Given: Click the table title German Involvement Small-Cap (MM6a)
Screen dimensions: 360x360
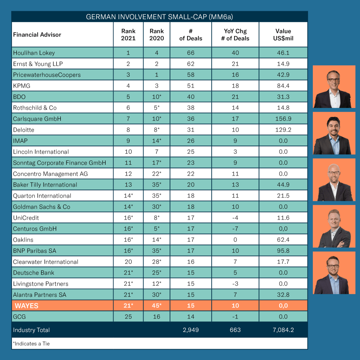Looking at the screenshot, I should point(160,17).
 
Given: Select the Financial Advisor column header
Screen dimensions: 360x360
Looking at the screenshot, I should point(37,35).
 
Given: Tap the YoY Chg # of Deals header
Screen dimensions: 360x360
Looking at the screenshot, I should point(235,35).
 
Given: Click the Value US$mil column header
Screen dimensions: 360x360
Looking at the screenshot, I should point(283,35).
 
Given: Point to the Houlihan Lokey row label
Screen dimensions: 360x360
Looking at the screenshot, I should point(34,53).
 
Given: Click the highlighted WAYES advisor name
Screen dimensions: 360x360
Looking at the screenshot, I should point(27,306).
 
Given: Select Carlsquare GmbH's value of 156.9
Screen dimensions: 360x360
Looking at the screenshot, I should point(283,119).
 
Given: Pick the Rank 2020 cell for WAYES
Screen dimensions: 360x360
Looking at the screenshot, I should point(157,306).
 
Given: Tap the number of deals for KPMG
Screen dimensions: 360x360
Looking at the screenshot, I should point(191,86).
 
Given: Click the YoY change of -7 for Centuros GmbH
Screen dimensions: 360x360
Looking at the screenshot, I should point(235,229).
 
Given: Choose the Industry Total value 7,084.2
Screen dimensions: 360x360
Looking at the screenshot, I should point(283,330).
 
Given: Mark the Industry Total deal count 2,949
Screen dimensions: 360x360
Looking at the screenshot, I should point(191,330).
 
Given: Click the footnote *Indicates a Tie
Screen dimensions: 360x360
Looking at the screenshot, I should point(32,344).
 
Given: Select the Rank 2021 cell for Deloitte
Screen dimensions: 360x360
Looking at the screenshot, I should point(128,130).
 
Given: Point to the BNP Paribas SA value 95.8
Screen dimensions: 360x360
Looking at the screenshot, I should point(283,251).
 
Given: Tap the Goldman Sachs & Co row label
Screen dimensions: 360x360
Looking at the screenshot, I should point(42,207).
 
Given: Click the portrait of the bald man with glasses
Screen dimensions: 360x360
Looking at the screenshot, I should point(334,180).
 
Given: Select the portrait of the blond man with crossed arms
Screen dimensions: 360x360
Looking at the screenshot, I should point(334,226).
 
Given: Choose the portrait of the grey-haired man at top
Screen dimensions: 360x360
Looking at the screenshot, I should point(334,87).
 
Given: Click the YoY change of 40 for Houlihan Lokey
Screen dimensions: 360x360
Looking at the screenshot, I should point(235,53).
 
